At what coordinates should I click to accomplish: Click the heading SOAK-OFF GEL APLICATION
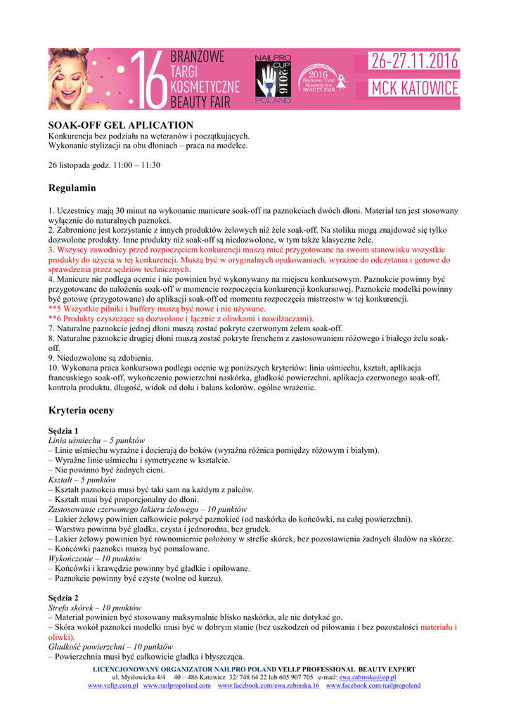coord(120,125)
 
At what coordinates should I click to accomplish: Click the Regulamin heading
coord(72,188)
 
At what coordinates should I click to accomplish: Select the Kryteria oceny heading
coord(81,410)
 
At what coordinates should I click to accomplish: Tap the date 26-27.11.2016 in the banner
coord(415,62)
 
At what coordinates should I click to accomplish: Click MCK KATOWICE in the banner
coord(415,89)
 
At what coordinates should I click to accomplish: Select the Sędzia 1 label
coord(63,430)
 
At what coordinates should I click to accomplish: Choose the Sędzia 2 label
coord(63,597)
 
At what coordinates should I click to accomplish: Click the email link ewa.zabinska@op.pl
coord(368,677)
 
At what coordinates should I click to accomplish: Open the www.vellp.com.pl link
coord(112,686)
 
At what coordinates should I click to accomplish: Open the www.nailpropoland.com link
coord(177,686)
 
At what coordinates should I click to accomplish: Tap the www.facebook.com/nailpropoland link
coord(373,686)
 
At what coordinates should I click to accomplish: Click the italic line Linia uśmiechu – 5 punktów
coord(96,439)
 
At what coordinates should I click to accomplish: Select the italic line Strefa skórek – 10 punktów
coord(94,607)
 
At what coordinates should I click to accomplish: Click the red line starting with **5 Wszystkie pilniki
coord(157,309)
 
